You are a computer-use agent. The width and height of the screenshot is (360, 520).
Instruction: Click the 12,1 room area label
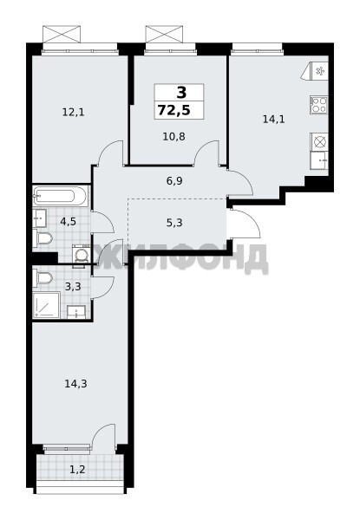click(x=74, y=113)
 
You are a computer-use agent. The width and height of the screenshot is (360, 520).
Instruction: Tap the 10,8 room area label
click(x=173, y=136)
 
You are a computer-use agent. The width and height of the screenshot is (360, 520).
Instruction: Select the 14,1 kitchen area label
click(x=274, y=119)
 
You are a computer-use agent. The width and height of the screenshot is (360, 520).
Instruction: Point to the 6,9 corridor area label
click(x=174, y=181)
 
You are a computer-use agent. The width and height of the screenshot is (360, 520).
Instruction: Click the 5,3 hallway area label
click(x=174, y=223)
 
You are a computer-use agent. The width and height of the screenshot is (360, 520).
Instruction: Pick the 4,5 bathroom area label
click(x=68, y=221)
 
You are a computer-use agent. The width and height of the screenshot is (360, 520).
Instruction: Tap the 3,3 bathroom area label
click(x=73, y=286)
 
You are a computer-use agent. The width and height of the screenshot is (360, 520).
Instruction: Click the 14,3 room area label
click(x=75, y=384)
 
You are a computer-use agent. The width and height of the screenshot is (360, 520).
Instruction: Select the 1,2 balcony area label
click(x=77, y=470)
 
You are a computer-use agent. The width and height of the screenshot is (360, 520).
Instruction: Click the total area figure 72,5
click(x=174, y=110)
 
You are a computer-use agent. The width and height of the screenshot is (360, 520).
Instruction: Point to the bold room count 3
click(x=181, y=92)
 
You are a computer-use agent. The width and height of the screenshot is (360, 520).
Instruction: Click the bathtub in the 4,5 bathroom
click(x=61, y=196)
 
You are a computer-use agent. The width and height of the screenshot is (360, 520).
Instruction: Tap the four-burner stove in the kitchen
click(x=319, y=105)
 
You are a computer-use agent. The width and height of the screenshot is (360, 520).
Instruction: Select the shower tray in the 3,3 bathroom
click(x=46, y=305)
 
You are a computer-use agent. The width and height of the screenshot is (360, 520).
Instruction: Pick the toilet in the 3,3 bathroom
click(x=43, y=277)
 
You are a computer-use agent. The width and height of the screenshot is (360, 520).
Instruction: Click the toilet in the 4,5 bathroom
click(x=43, y=237)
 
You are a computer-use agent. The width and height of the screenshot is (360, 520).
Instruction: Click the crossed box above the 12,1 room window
click(x=62, y=34)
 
